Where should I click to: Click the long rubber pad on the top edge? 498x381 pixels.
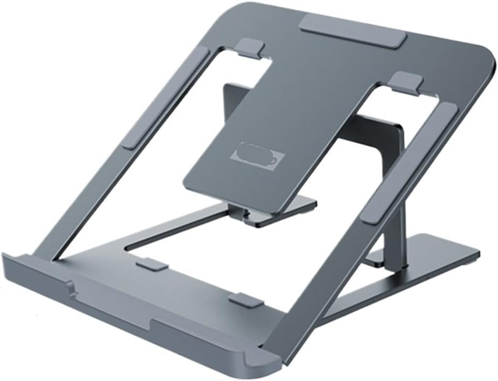click(x=353, y=30)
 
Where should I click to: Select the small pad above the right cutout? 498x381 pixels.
click(x=406, y=83)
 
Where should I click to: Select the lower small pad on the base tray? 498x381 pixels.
click(x=246, y=301)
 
